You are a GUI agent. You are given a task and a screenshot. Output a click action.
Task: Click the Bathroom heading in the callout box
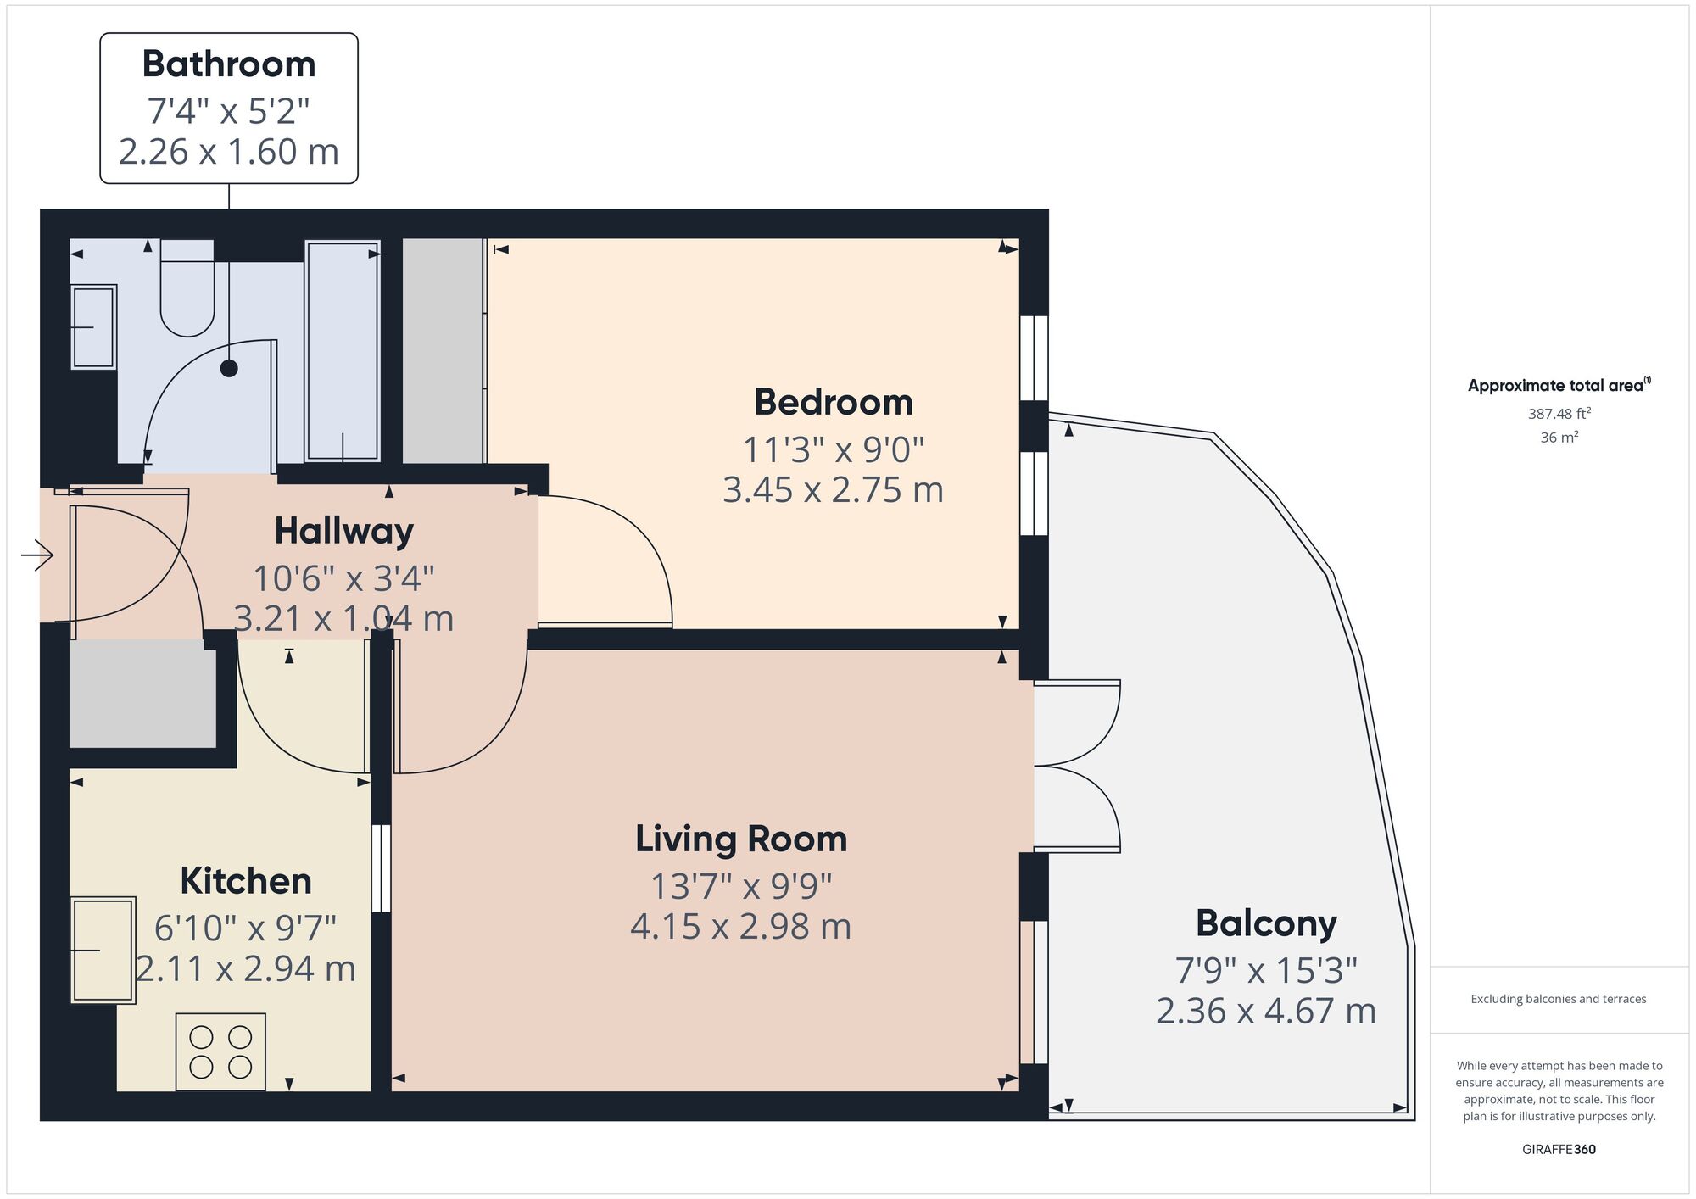(x=229, y=64)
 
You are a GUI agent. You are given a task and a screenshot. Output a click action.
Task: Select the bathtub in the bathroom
(x=343, y=351)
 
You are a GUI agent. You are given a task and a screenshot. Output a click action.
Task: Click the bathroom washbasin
(x=93, y=326)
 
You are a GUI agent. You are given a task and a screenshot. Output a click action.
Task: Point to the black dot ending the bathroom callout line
(x=229, y=368)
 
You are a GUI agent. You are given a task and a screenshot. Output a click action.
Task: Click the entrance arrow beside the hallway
(x=37, y=555)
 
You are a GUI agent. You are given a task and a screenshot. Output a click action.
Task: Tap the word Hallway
(x=343, y=532)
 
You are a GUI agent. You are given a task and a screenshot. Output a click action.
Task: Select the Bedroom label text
(x=833, y=402)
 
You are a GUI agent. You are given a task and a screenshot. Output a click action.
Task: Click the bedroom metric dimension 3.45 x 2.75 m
(x=833, y=490)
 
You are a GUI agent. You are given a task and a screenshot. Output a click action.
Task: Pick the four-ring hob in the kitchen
(x=220, y=1051)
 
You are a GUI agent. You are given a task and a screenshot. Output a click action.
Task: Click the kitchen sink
(x=103, y=950)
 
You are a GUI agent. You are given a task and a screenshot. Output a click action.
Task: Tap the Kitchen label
(x=246, y=881)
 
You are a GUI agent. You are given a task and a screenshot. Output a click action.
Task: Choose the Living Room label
(x=741, y=839)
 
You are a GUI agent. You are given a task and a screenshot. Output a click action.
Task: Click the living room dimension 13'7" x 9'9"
(x=741, y=886)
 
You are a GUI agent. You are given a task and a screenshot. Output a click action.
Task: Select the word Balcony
(x=1266, y=923)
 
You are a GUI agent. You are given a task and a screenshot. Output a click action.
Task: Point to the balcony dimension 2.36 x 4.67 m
(x=1266, y=1011)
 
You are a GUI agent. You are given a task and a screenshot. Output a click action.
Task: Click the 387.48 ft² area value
(x=1559, y=414)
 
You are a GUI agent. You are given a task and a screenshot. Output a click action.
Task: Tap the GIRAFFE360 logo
(x=1559, y=1150)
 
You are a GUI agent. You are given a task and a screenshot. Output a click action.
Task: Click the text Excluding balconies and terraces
(x=1559, y=999)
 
